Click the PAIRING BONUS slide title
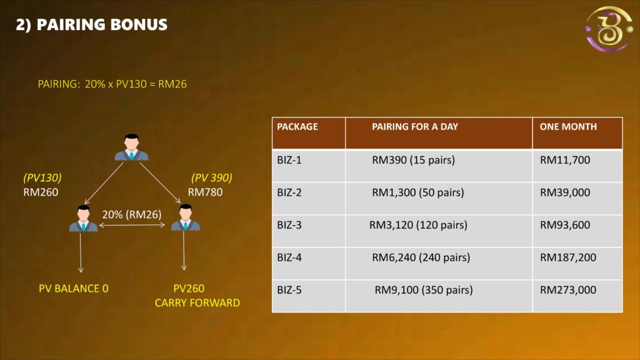[x=91, y=25]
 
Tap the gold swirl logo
[x=609, y=29]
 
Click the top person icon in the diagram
[x=131, y=147]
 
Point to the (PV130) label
[x=42, y=178]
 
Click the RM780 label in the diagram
[x=205, y=192]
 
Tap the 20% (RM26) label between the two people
[x=132, y=215]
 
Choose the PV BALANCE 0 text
[x=74, y=289]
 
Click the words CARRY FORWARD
[x=197, y=303]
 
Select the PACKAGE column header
[x=297, y=127]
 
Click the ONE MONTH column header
[x=568, y=127]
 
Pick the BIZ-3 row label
[x=289, y=225]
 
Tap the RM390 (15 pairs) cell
[x=413, y=160]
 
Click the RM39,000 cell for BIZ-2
[x=565, y=192]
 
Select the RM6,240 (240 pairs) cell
[x=421, y=257]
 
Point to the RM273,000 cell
[x=567, y=290]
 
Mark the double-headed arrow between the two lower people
[x=132, y=225]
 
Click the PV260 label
[x=189, y=289]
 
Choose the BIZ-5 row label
[x=289, y=290]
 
